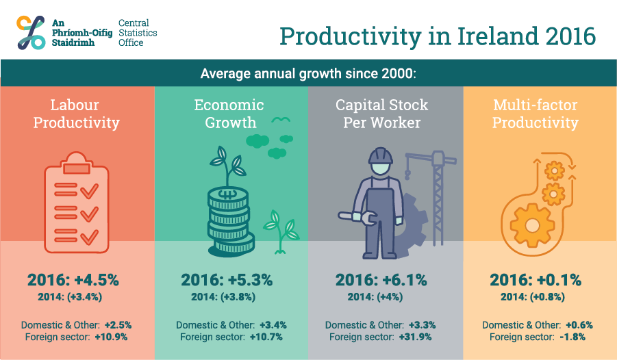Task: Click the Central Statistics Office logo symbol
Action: (31, 32)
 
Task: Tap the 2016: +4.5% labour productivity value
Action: (73, 280)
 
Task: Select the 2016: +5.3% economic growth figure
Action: (227, 280)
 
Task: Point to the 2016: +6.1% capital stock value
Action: (381, 280)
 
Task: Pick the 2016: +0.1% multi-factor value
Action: (535, 280)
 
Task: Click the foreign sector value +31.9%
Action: (415, 337)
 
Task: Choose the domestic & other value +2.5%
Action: (118, 325)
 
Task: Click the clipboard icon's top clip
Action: (76, 164)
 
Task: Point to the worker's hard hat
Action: (381, 156)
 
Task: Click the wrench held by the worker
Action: (357, 217)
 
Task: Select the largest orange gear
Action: (532, 225)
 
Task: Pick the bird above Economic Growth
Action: (281, 120)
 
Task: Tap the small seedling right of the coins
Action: (281, 232)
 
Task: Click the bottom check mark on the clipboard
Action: (89, 237)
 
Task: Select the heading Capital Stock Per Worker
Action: (381, 114)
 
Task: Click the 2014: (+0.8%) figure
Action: (532, 296)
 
